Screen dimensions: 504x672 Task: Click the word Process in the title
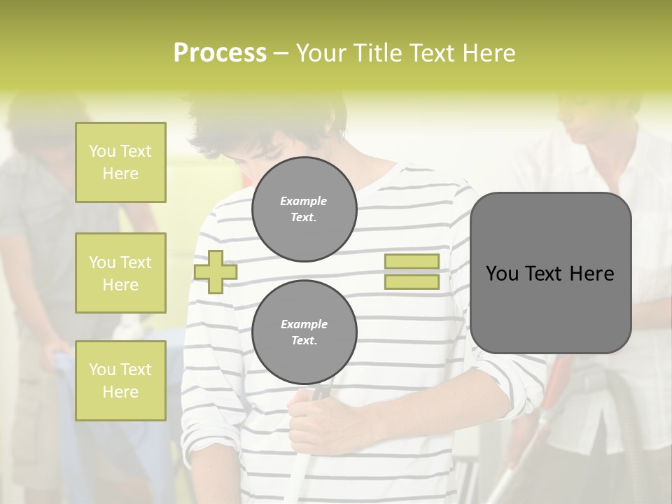220,53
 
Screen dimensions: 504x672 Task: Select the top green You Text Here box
120,162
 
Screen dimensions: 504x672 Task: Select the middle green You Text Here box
120,273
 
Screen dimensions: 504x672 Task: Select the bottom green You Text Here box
120,381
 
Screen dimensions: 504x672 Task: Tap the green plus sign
216,272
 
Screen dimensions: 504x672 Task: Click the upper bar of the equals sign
412,261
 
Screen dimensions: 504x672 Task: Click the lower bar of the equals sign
412,282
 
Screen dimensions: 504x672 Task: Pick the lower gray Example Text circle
304,332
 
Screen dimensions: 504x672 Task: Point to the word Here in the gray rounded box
592,274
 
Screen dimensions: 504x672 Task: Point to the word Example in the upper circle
304,201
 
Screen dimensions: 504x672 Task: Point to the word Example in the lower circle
304,324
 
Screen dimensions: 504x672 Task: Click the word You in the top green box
101,151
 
